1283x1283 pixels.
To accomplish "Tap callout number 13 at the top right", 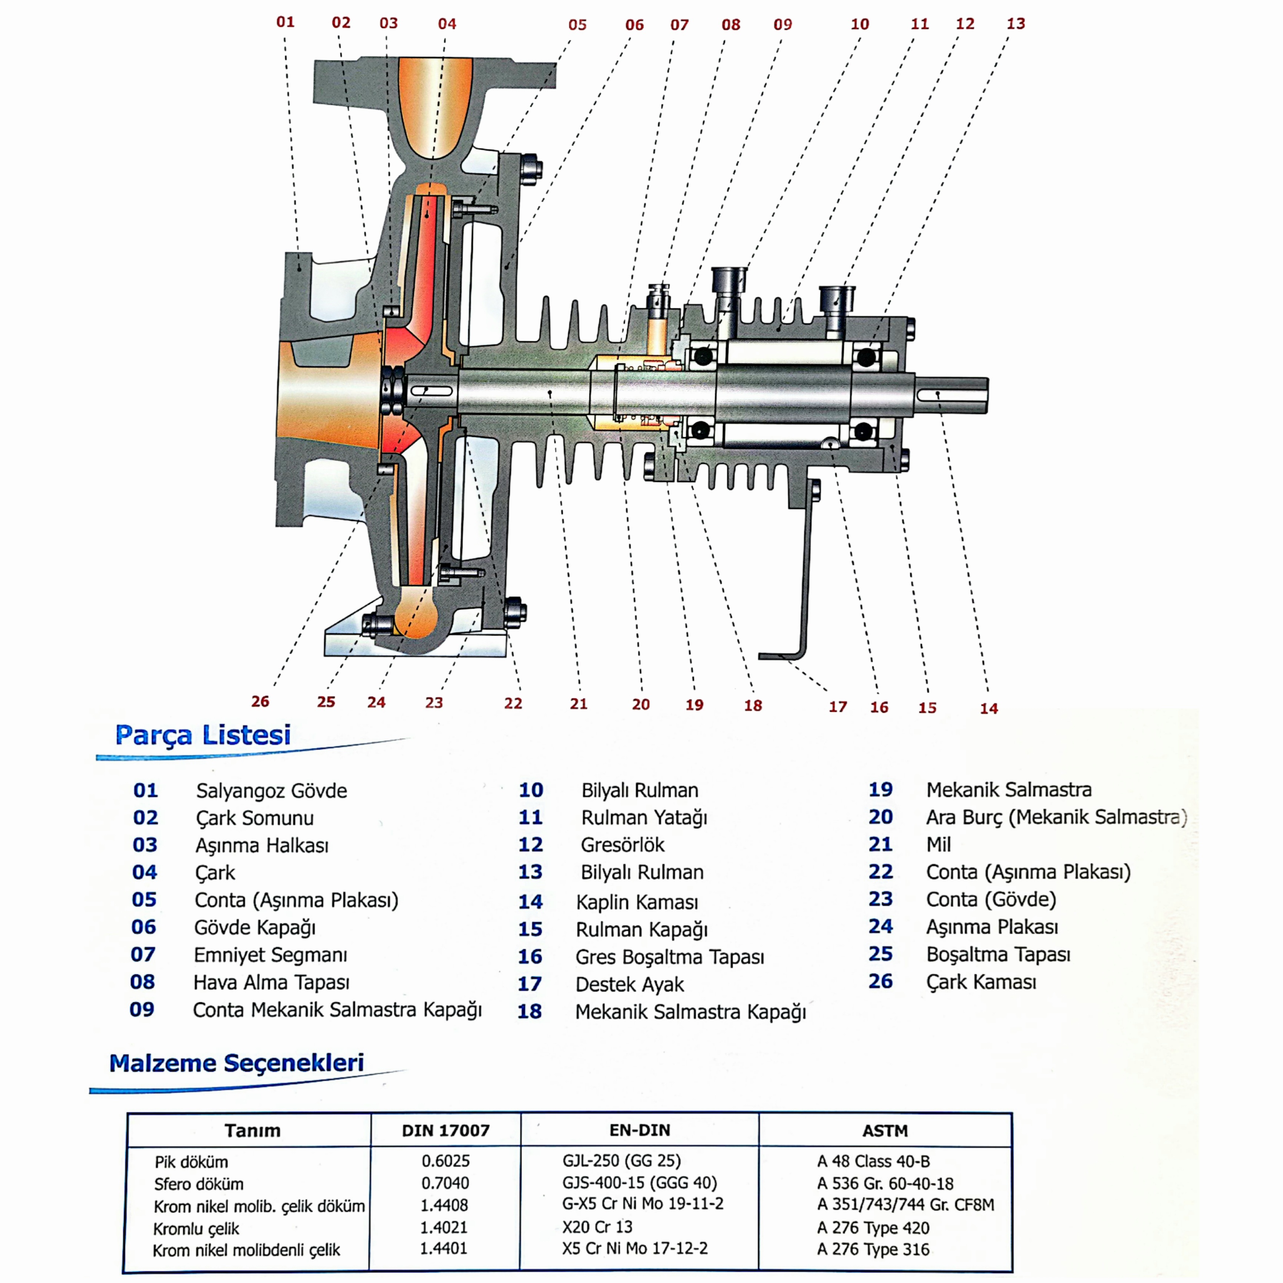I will (x=1015, y=24).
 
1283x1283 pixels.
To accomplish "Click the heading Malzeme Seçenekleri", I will (x=236, y=1063).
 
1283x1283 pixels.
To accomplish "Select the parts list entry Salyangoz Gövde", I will (x=271, y=791).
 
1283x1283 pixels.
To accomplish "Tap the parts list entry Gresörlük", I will (x=622, y=845).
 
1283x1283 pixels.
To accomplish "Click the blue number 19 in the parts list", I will (x=880, y=790).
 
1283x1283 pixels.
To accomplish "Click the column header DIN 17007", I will (x=446, y=1130).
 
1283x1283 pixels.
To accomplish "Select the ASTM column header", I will (x=884, y=1130).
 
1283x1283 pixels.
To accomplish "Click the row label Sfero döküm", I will (x=199, y=1184).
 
